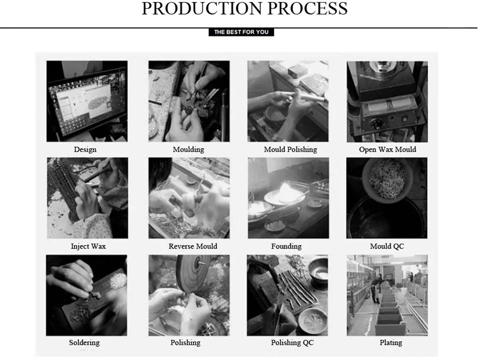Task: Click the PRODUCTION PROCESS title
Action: [x=245, y=8]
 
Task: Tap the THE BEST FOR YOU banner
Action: [x=242, y=32]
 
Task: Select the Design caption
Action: [x=85, y=149]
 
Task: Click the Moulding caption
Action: [x=188, y=149]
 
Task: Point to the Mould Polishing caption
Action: [x=290, y=149]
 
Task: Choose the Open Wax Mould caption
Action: [x=387, y=149]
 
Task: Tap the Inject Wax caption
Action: [x=88, y=247]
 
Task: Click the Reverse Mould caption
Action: [x=193, y=247]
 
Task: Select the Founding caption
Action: [x=286, y=247]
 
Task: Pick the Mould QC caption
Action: [x=387, y=247]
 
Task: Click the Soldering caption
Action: [x=84, y=342]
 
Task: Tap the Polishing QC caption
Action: [x=292, y=342]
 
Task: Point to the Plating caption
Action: [x=391, y=342]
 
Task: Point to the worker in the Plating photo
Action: [x=376, y=289]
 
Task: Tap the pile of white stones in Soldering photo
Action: [x=116, y=279]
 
